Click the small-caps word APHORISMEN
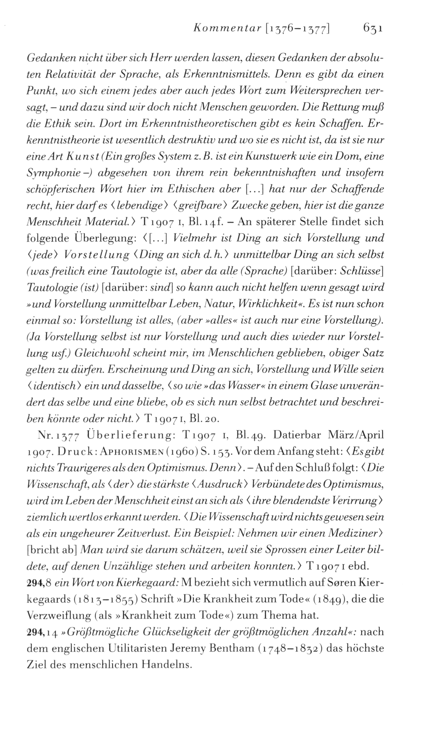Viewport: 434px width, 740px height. pyautogui.click(x=110, y=452)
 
